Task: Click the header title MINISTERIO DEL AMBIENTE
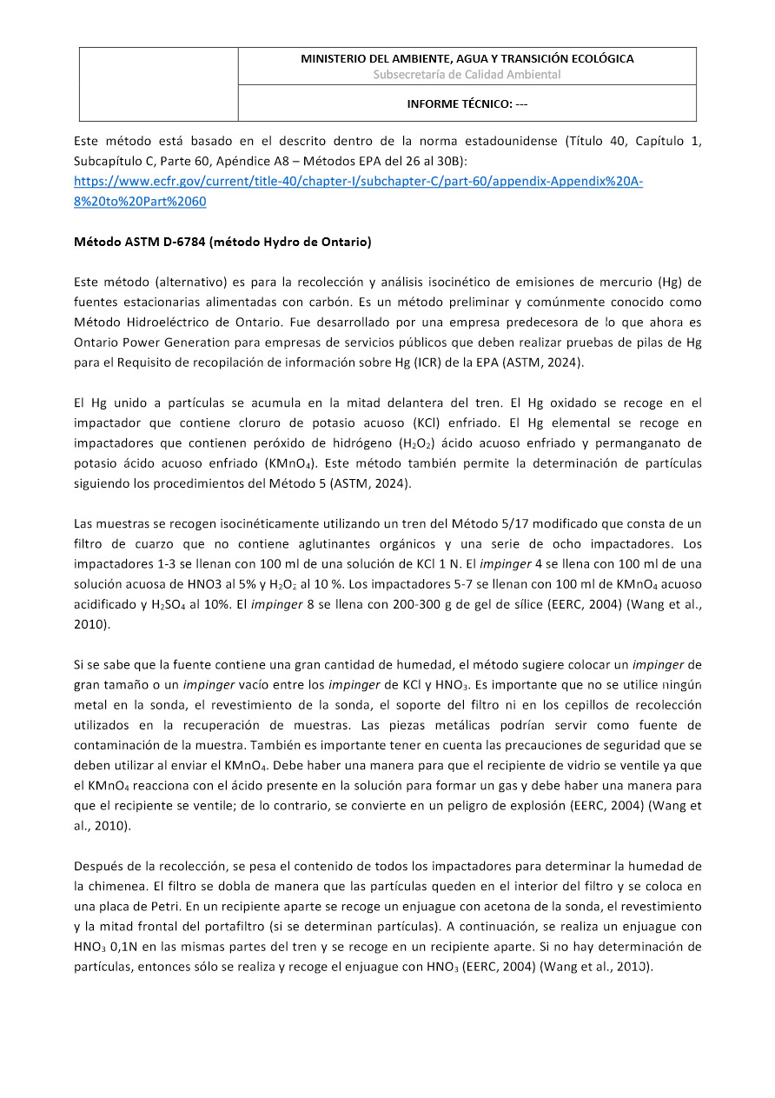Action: point(467,59)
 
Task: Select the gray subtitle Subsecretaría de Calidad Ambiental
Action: point(467,75)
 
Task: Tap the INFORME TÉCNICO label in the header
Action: point(467,104)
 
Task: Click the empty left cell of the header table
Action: point(158,84)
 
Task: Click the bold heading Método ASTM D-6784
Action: point(222,242)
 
